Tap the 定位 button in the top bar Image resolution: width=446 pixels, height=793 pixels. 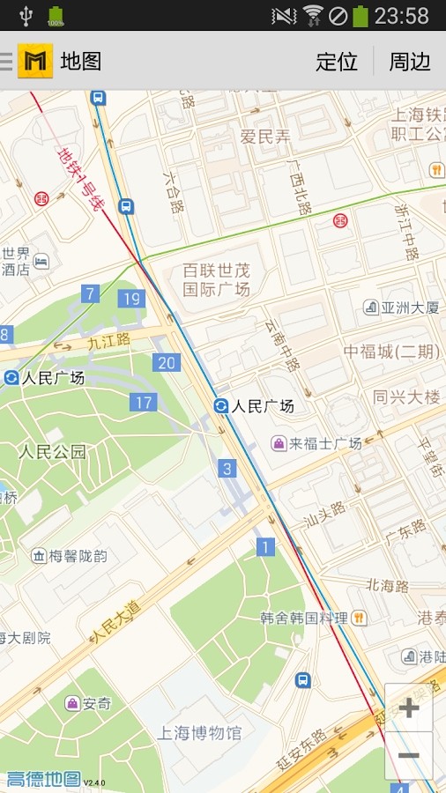pyautogui.click(x=337, y=61)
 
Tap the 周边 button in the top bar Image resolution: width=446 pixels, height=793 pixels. pyautogui.click(x=410, y=61)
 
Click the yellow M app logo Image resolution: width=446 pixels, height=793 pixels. pyautogui.click(x=35, y=61)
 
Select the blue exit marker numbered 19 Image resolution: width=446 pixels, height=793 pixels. pyautogui.click(x=131, y=299)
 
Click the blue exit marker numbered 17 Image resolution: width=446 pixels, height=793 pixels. pyautogui.click(x=144, y=403)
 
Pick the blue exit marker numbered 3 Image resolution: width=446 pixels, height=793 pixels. pyautogui.click(x=228, y=469)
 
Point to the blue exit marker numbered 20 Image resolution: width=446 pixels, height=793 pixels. pyautogui.click(x=166, y=362)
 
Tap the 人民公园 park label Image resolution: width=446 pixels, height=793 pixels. pyautogui.click(x=53, y=453)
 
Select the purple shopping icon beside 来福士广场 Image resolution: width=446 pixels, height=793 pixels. pyautogui.click(x=278, y=443)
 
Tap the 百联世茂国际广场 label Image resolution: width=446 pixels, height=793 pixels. pyautogui.click(x=216, y=279)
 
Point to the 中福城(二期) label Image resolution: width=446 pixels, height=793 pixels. pyautogui.click(x=391, y=352)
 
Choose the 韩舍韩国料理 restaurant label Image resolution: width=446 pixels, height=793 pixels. pyautogui.click(x=303, y=618)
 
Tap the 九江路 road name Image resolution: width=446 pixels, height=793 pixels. pyautogui.click(x=108, y=339)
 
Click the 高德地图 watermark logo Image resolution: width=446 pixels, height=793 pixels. pyautogui.click(x=44, y=779)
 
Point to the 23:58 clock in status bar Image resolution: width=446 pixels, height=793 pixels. pyautogui.click(x=401, y=15)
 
